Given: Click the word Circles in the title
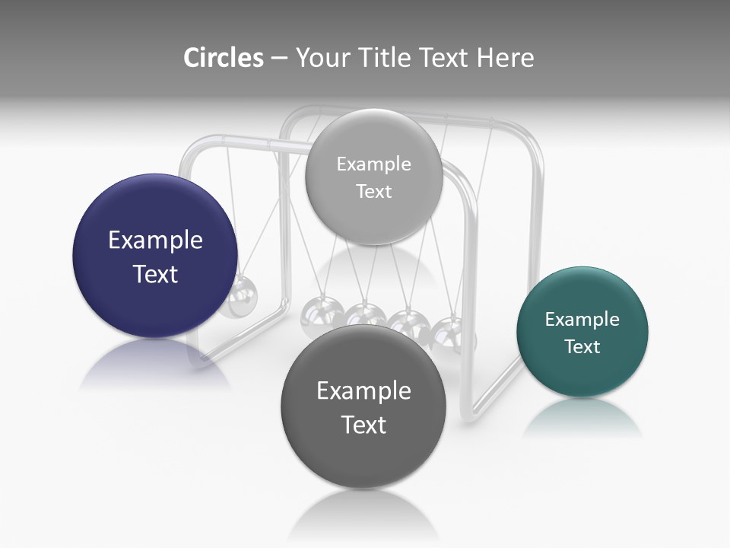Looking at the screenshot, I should point(223,58).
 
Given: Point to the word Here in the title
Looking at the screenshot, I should point(505,58).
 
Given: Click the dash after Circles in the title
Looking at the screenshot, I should point(279,59).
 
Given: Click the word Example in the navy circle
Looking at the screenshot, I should point(155,241).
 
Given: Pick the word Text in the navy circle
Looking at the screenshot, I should point(155,274).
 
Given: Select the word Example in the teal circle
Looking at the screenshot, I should point(582,320).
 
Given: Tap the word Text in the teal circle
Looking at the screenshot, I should point(582,347).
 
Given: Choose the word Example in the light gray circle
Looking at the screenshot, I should point(373,164).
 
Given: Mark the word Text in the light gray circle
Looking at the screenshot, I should point(373,192).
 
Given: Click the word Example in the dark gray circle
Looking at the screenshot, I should point(363,391).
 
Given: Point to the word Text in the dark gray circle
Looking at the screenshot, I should point(363,425).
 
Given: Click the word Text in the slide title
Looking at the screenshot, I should point(445,58).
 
